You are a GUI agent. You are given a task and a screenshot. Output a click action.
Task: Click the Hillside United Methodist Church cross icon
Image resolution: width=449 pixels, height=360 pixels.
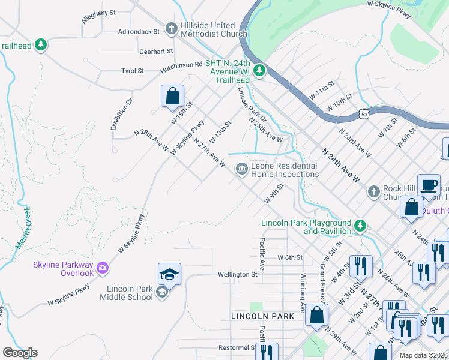click(172, 28)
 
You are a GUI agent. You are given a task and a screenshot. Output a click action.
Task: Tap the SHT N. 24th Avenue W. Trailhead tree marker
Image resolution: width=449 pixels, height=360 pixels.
click(259, 71)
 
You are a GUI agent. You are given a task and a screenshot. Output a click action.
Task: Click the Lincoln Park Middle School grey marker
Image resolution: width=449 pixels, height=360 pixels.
click(161, 292)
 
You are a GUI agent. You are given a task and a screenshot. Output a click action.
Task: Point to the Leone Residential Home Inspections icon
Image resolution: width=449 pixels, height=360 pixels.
click(241, 169)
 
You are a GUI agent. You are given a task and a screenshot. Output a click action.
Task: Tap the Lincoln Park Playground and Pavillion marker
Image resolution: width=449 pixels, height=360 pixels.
click(360, 226)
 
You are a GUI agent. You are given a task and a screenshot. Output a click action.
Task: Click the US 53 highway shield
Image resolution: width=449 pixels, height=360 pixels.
click(364, 113)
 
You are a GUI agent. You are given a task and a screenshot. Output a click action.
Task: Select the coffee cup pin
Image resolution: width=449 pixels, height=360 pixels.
click(429, 185)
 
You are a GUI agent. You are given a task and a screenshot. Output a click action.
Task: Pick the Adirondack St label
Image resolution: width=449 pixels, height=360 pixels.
click(139, 31)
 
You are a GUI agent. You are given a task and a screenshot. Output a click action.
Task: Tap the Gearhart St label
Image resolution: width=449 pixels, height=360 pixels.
click(156, 52)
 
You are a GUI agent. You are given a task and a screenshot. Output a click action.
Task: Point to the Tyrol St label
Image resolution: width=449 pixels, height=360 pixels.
click(133, 71)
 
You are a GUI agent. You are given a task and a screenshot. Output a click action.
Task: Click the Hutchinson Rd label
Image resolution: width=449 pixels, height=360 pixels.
click(182, 64)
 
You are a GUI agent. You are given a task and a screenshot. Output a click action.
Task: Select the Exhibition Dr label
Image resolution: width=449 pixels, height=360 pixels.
click(119, 114)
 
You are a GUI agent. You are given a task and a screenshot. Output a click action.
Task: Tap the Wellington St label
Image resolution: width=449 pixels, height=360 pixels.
click(238, 274)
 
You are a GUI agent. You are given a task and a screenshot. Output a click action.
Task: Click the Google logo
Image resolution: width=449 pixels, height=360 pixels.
click(20, 353)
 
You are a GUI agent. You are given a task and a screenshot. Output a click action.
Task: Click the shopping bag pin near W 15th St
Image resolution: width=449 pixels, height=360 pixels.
click(172, 96)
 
